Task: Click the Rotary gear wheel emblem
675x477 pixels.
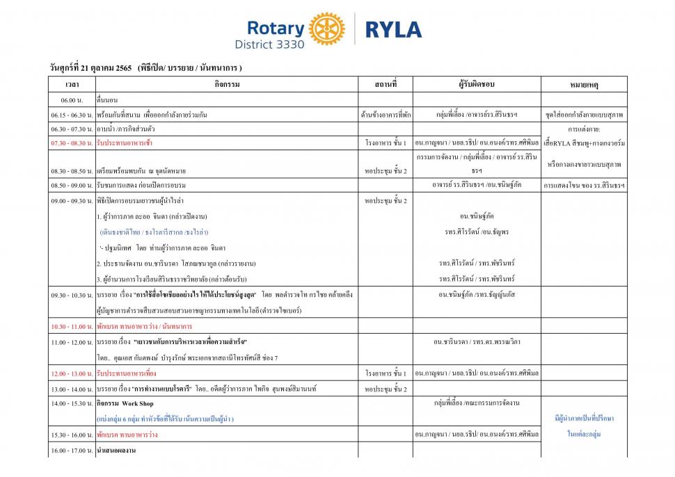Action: click(326, 29)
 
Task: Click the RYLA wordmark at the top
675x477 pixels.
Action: click(393, 29)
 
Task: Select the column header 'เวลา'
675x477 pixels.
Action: click(72, 85)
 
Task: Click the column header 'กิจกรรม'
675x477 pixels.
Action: click(228, 84)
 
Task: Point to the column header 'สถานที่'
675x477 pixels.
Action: click(386, 84)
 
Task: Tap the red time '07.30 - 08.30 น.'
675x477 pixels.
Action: click(72, 143)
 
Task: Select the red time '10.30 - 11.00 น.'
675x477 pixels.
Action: click(72, 326)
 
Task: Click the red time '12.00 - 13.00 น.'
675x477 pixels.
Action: click(72, 374)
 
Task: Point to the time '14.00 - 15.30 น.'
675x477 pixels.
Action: click(72, 403)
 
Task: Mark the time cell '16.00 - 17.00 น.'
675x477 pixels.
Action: click(72, 451)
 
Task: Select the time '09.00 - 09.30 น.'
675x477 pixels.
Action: click(72, 201)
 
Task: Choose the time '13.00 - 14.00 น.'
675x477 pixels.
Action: click(72, 389)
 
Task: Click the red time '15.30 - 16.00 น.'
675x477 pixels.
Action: click(72, 435)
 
